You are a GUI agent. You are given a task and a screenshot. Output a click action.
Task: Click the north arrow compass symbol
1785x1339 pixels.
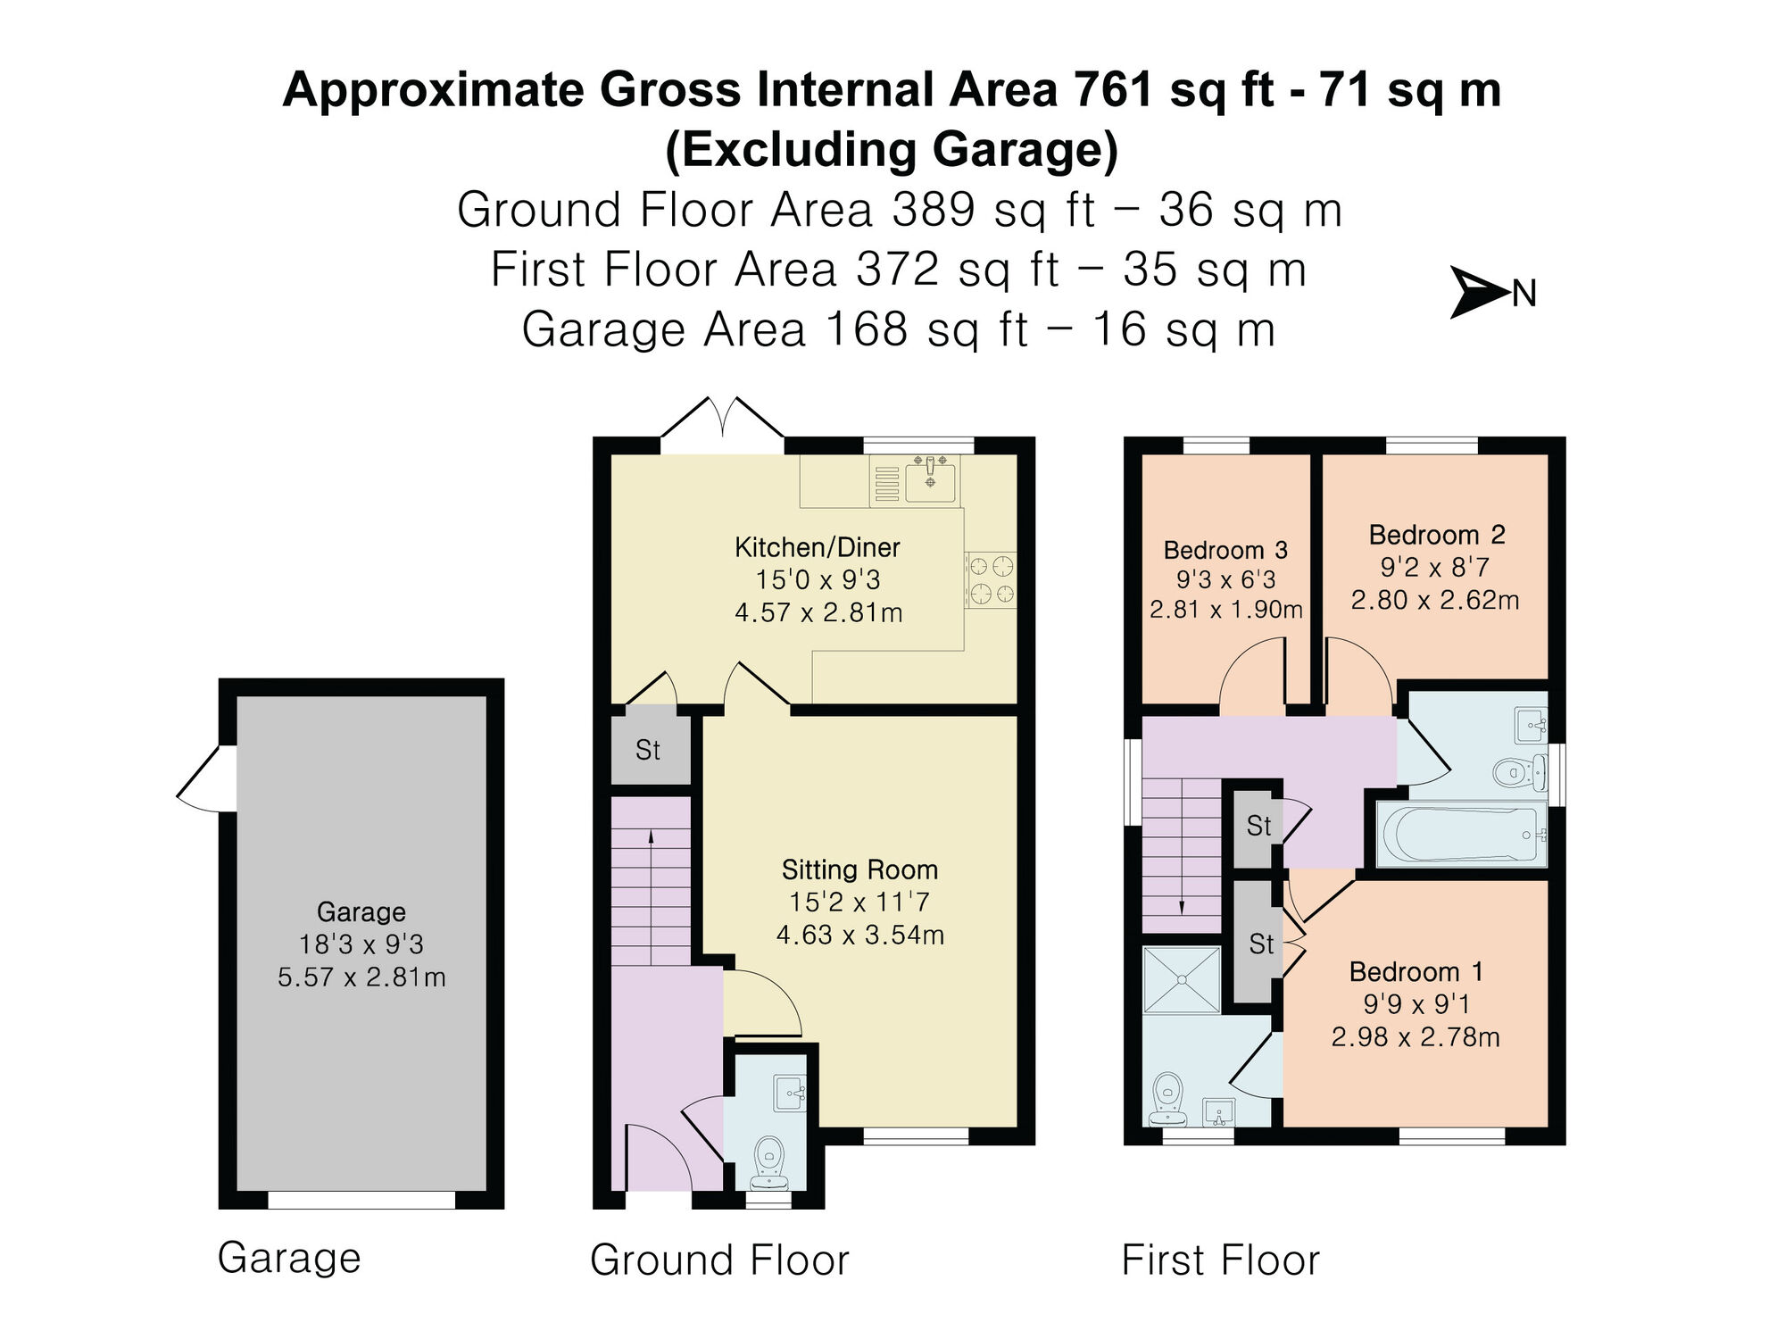click(1480, 292)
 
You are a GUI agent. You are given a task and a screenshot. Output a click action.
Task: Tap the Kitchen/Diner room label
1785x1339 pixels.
click(817, 547)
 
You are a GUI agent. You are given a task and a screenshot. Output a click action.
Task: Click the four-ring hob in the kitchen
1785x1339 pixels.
click(992, 579)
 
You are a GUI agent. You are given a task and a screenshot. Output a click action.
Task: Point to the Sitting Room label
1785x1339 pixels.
click(859, 869)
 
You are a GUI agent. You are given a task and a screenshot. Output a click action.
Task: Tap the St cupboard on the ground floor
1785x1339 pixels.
click(649, 750)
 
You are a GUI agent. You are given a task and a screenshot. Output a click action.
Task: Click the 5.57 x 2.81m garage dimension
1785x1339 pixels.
click(361, 977)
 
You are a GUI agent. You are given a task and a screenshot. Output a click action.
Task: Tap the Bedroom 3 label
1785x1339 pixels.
click(1225, 550)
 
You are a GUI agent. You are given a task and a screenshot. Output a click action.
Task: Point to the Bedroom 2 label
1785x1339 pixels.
click(1436, 535)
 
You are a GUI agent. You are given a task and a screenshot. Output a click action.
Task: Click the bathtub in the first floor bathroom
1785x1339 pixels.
click(1460, 834)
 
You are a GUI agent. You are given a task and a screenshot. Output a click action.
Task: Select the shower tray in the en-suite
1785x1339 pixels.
click(1181, 979)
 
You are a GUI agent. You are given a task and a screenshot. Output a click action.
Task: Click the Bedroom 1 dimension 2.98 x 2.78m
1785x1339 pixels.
click(1416, 1037)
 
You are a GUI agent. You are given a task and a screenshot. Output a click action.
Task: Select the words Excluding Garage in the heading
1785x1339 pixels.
click(892, 149)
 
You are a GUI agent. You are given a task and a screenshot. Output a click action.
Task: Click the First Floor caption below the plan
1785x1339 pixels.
click(1220, 1260)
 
